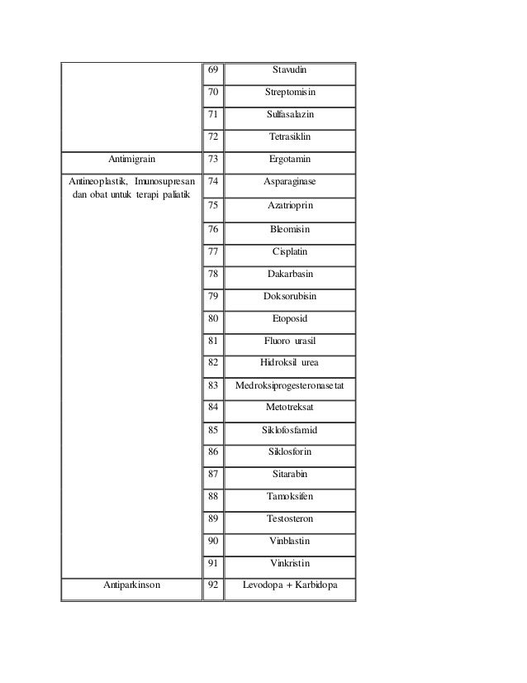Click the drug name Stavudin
point(289,71)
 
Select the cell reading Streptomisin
point(289,93)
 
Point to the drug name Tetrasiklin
point(290,136)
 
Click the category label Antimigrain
point(132,158)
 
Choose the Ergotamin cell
point(290,158)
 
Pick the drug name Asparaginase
point(290,180)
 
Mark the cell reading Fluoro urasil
point(290,340)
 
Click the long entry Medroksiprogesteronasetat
point(290,384)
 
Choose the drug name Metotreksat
point(290,407)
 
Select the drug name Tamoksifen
point(290,496)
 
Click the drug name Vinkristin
point(290,563)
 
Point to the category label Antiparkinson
point(132,585)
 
